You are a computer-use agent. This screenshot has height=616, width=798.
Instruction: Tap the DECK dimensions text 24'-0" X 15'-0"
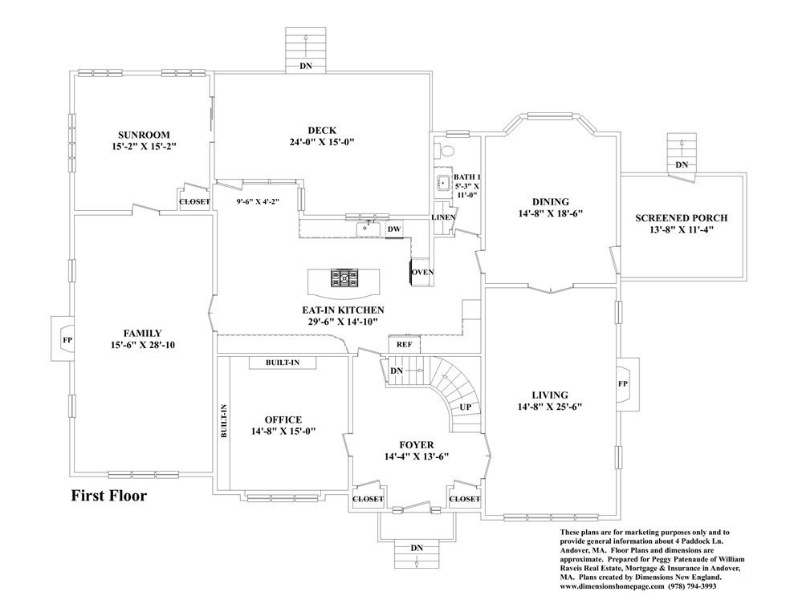pyautogui.click(x=321, y=142)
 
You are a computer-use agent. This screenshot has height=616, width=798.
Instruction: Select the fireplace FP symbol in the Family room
pyautogui.click(x=67, y=338)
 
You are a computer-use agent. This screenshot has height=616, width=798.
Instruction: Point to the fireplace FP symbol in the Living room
pyautogui.click(x=623, y=383)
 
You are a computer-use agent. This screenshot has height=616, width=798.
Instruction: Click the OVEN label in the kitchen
pyautogui.click(x=422, y=273)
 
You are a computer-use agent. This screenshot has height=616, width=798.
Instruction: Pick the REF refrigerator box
pyautogui.click(x=404, y=344)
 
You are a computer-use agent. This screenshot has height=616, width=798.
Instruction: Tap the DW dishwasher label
pyautogui.click(x=393, y=230)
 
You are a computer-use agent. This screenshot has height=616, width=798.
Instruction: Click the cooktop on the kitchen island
pyautogui.click(x=346, y=278)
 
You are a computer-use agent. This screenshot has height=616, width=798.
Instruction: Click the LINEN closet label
pyautogui.click(x=443, y=217)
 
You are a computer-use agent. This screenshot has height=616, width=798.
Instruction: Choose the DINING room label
pyautogui.click(x=550, y=201)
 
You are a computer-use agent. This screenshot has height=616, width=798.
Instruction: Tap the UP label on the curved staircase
pyautogui.click(x=466, y=407)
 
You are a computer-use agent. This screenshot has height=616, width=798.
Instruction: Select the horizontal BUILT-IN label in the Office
pyautogui.click(x=283, y=363)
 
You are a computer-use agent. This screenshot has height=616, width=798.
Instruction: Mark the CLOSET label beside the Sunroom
pyautogui.click(x=194, y=201)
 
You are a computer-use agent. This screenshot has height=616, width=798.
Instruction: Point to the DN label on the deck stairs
pyautogui.click(x=306, y=66)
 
